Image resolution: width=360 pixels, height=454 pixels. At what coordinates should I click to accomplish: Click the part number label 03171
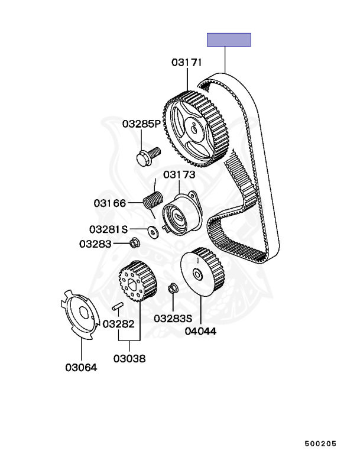(x=186, y=62)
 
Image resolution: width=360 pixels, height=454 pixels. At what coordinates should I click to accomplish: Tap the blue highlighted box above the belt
(x=229, y=40)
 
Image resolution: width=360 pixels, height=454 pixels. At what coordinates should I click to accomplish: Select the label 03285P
(x=141, y=124)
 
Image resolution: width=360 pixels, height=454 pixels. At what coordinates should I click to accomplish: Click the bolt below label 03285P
(x=148, y=156)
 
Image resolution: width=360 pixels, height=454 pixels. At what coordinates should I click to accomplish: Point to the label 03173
(x=179, y=174)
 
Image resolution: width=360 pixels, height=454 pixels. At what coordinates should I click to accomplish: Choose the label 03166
(x=110, y=203)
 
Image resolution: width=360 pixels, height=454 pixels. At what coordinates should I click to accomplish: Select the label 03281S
(x=108, y=229)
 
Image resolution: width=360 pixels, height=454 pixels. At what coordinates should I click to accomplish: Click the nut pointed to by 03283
(x=134, y=242)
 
